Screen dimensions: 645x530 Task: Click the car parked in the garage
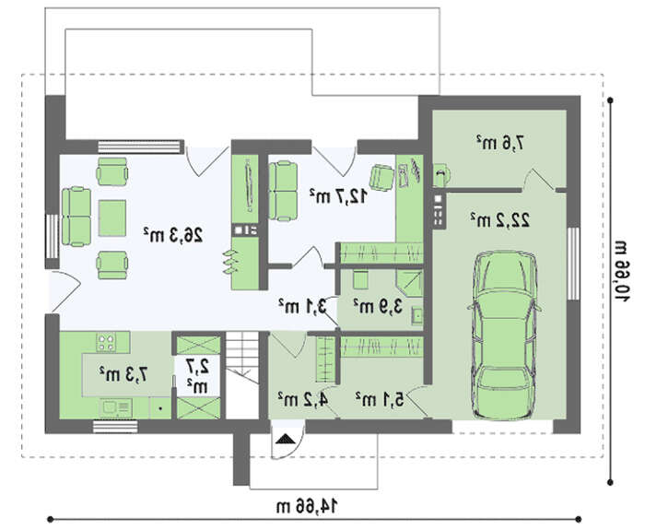(504, 336)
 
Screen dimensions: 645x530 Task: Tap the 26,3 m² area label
(173, 235)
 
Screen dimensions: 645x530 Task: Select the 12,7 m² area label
(338, 195)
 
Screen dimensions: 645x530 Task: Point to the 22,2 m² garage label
(500, 219)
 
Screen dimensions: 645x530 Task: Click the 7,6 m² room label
(500, 143)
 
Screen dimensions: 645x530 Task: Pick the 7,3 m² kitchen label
(123, 373)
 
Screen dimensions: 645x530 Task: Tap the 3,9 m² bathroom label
(378, 306)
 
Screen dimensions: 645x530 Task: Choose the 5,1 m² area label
(380, 399)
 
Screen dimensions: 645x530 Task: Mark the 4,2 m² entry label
(302, 399)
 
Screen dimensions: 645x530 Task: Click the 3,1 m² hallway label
(303, 306)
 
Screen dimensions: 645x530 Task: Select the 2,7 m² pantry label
(198, 376)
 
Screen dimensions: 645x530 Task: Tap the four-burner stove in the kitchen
(106, 342)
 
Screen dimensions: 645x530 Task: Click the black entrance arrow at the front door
(286, 439)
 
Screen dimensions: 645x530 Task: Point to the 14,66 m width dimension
(307, 506)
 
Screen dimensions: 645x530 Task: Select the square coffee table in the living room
(112, 218)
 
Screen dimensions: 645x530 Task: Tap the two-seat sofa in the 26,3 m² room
(76, 217)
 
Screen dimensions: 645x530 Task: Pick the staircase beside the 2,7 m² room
(242, 375)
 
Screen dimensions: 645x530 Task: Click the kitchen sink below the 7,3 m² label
(116, 407)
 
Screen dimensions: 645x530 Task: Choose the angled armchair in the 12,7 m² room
(381, 178)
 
